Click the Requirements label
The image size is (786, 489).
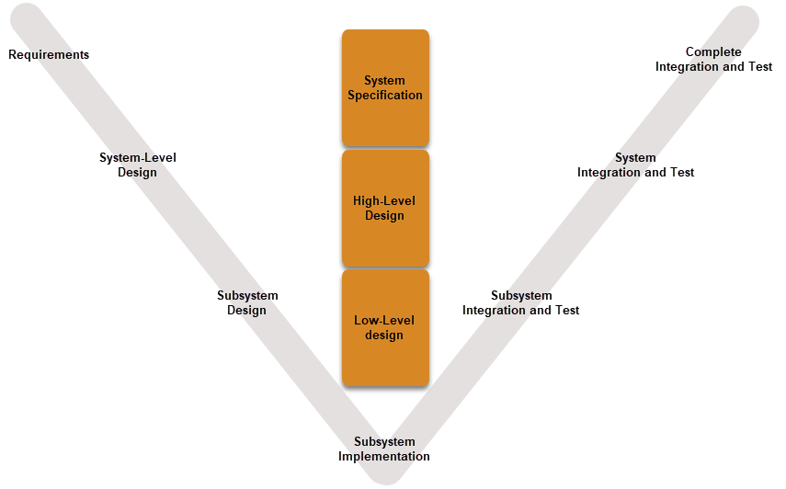coord(49,55)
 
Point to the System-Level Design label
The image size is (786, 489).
coord(137,165)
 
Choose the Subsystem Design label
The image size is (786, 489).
coord(247,302)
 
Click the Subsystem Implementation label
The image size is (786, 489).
coord(384,449)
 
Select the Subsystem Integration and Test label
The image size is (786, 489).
coord(520,302)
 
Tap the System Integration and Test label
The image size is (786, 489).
coord(635,165)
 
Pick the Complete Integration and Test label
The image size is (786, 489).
coord(713,60)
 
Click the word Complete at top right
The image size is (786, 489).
coord(713,52)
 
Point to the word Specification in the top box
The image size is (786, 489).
coord(385,96)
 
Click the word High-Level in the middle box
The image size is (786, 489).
coord(384,201)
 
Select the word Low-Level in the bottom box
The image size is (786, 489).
coord(384,321)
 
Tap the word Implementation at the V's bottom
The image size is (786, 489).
coord(384,457)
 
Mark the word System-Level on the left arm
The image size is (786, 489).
coord(137,157)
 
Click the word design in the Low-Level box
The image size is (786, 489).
coord(384,335)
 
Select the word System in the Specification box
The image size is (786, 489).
coord(384,81)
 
